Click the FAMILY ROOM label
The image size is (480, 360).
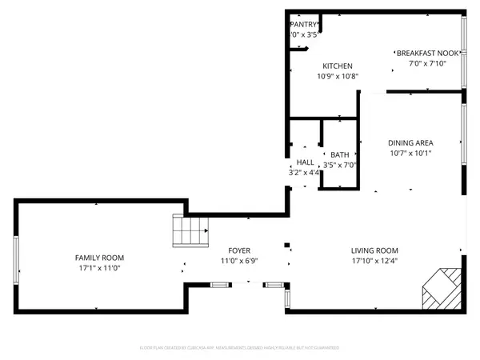pyautogui.click(x=99, y=258)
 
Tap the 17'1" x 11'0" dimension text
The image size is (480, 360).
pyautogui.click(x=99, y=270)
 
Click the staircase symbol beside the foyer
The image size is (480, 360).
pyautogui.click(x=190, y=232)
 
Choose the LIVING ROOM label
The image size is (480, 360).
pyautogui.click(x=374, y=250)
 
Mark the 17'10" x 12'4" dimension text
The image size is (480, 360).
pyautogui.click(x=374, y=261)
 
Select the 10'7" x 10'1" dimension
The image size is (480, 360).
pyautogui.click(x=410, y=154)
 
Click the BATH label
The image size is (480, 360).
pyautogui.click(x=340, y=154)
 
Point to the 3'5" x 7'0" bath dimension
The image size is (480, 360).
pyautogui.click(x=340, y=166)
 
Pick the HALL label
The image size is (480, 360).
pyautogui.click(x=305, y=162)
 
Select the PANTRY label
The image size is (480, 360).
pyautogui.click(x=304, y=25)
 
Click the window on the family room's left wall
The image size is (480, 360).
pyautogui.click(x=16, y=258)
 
